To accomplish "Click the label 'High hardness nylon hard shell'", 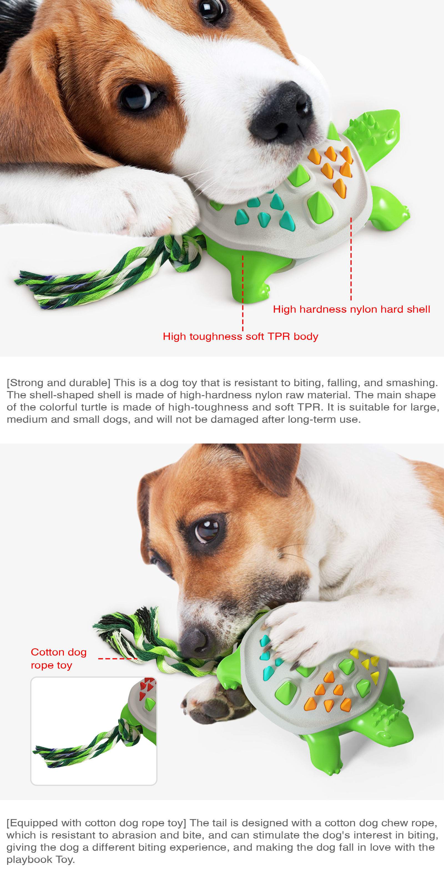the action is coord(351,309).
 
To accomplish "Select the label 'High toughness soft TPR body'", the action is coord(240,337).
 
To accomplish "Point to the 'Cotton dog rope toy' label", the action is coord(59,659).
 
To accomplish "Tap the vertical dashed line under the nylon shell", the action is coord(351,259).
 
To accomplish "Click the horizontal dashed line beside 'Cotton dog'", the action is coord(118,659).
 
